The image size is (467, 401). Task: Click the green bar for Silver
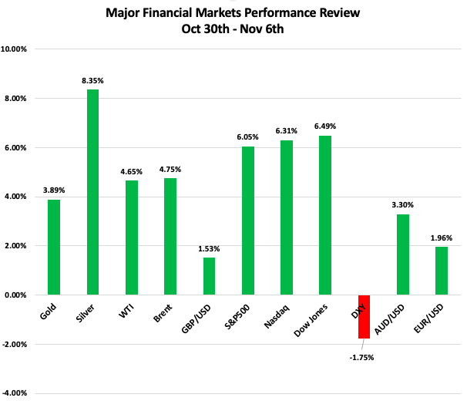click(92, 192)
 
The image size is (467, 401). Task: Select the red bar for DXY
click(364, 316)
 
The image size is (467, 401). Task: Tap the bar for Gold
click(54, 247)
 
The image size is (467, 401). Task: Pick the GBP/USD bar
click(209, 276)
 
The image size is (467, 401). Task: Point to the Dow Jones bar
click(325, 215)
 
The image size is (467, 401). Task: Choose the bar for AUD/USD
click(402, 254)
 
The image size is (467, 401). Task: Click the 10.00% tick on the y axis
click(14, 49)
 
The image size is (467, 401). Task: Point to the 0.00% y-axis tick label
click(15, 295)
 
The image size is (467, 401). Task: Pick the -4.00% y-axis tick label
click(15, 393)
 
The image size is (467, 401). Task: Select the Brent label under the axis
click(165, 312)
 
